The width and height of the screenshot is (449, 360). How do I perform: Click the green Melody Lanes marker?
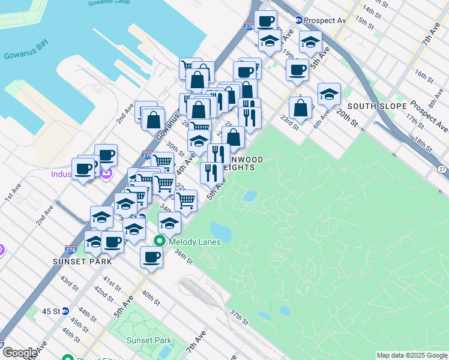point(159,241)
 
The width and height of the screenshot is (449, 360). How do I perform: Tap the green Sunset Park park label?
point(149,340)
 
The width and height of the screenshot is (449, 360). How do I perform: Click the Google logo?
point(19,353)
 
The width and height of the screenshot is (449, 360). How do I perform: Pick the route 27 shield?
point(442,170)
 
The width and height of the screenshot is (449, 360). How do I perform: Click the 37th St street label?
point(238,317)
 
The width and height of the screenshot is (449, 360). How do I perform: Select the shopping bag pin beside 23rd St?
point(300,109)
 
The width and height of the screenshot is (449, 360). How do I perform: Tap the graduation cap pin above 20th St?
point(328,94)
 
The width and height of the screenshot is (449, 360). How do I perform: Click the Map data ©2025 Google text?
point(412,355)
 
